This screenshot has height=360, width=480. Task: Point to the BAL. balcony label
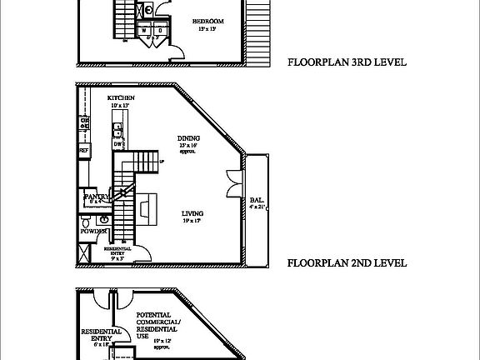[x=257, y=200]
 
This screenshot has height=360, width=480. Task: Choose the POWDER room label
[x=92, y=230]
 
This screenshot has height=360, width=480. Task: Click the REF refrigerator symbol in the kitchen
[x=84, y=150]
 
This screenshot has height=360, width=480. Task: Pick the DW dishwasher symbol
[x=118, y=144]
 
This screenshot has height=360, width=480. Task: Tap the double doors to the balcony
[x=232, y=184]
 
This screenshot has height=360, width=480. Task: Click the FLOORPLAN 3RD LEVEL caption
[x=347, y=62]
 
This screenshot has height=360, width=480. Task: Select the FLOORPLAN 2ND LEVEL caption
[x=347, y=262]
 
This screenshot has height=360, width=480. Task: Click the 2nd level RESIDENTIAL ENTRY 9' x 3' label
[x=120, y=252]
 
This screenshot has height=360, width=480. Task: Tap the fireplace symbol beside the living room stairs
[x=146, y=207]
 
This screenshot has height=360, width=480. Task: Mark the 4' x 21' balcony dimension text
[x=257, y=207]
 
